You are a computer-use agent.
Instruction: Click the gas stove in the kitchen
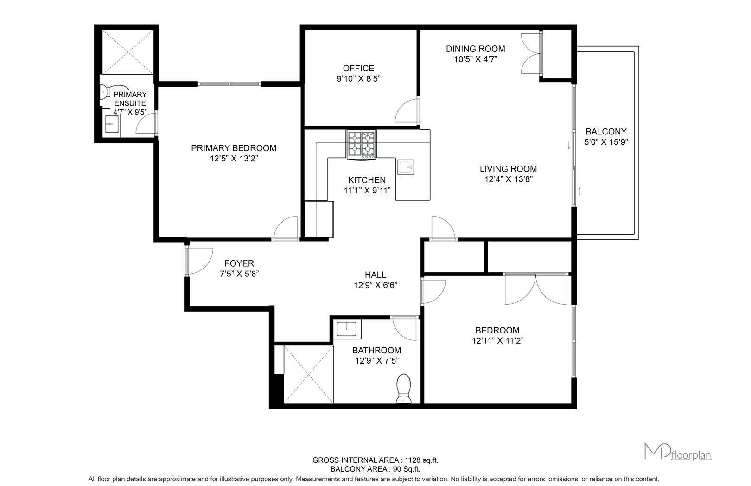pyautogui.click(x=362, y=145)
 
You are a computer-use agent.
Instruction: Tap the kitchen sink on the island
pyautogui.click(x=406, y=167)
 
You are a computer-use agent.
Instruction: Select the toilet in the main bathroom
pyautogui.click(x=404, y=389)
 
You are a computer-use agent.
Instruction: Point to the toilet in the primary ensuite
pyautogui.click(x=105, y=91)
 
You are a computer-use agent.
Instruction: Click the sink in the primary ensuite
pyautogui.click(x=112, y=124)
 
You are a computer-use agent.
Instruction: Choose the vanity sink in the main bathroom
pyautogui.click(x=347, y=329)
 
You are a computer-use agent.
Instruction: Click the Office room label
pyautogui.click(x=358, y=68)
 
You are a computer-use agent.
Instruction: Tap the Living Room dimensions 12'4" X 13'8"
pyautogui.click(x=508, y=179)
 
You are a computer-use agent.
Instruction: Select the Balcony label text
pyautogui.click(x=606, y=132)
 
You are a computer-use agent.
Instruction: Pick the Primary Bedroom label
pyautogui.click(x=234, y=148)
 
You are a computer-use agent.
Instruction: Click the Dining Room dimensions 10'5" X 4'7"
pyautogui.click(x=476, y=59)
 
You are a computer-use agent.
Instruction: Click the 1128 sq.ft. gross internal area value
pyautogui.click(x=421, y=460)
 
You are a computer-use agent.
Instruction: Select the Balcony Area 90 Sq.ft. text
pyautogui.click(x=375, y=469)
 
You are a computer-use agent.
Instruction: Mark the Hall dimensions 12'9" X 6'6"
pyautogui.click(x=375, y=285)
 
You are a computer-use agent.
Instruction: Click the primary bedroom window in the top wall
pyautogui.click(x=229, y=84)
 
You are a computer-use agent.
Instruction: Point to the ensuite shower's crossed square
pyautogui.click(x=128, y=52)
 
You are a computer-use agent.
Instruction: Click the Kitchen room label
pyautogui.click(x=367, y=180)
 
